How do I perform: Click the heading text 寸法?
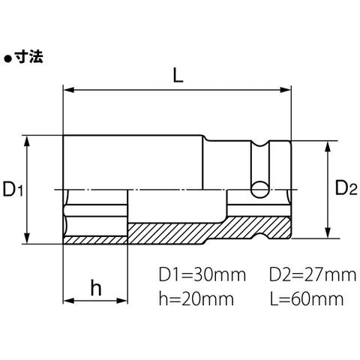[x=28, y=57]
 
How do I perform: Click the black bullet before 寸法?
[x=8, y=59]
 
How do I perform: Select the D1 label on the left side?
[x=13, y=189]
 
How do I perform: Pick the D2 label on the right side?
[x=346, y=188]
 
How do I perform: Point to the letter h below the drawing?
[x=96, y=287]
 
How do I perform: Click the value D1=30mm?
[x=202, y=274]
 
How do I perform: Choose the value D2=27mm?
[x=313, y=274]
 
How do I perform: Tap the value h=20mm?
[x=196, y=298]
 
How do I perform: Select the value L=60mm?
[x=307, y=298]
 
